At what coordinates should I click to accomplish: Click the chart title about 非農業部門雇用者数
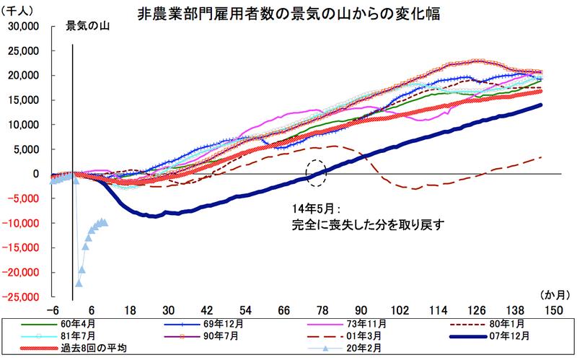point(288,12)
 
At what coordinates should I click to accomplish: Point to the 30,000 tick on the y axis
point(24,27)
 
